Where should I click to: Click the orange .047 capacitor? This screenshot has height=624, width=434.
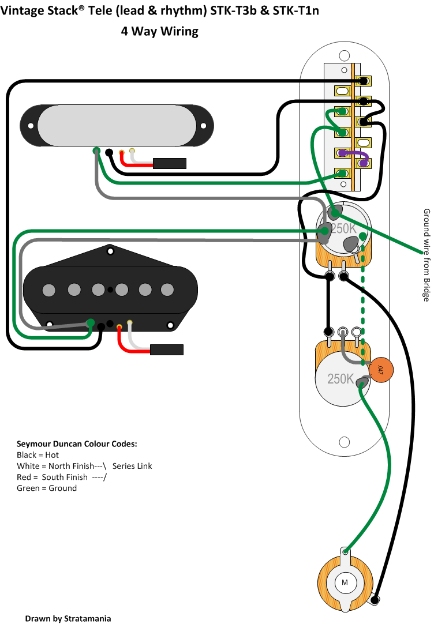pyautogui.click(x=381, y=370)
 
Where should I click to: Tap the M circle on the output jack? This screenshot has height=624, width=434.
pyautogui.click(x=345, y=582)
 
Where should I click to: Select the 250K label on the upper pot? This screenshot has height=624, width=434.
pyautogui.click(x=343, y=228)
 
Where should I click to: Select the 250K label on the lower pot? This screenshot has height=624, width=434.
pyautogui.click(x=341, y=378)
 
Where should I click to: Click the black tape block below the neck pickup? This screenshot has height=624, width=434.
pyautogui.click(x=170, y=163)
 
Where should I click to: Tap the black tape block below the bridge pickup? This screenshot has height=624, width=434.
pyautogui.click(x=167, y=349)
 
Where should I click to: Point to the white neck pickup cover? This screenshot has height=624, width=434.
pyautogui.click(x=117, y=125)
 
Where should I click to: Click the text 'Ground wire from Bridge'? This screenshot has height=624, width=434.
pyautogui.click(x=426, y=255)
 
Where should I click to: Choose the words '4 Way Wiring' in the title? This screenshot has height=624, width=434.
pyautogui.click(x=160, y=31)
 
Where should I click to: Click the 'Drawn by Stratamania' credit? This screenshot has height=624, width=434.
pyautogui.click(x=68, y=618)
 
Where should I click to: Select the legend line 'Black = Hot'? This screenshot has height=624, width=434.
pyautogui.click(x=38, y=455)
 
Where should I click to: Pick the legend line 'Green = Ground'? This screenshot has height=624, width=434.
pyautogui.click(x=47, y=488)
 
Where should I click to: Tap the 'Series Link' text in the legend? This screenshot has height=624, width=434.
pyautogui.click(x=132, y=466)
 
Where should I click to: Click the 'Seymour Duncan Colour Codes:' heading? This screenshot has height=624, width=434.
pyautogui.click(x=77, y=443)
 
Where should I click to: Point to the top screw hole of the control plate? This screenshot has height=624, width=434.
pyautogui.click(x=344, y=55)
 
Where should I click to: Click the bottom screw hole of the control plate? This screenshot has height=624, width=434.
pyautogui.click(x=345, y=442)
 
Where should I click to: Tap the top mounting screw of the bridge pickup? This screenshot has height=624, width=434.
pyautogui.click(x=110, y=251)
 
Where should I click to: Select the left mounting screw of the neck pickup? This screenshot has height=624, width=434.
pyautogui.click(x=31, y=126)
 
